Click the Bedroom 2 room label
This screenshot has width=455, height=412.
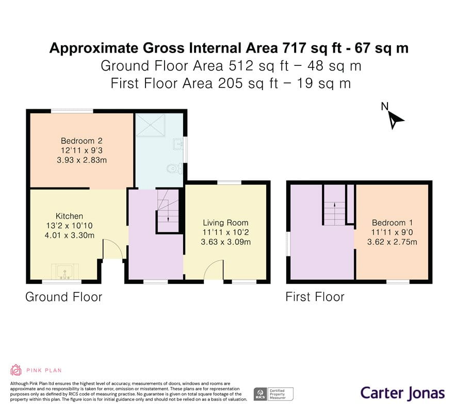[x=82, y=141]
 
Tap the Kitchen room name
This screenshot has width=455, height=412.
[x=69, y=216]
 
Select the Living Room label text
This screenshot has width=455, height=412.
[x=225, y=223]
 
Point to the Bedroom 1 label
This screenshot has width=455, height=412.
[x=392, y=223]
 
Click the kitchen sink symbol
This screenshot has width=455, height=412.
[x=64, y=272]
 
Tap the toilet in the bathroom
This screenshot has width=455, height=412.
[x=175, y=168]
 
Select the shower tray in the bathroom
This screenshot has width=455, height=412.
[x=151, y=125]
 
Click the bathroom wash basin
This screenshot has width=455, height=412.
[x=178, y=144]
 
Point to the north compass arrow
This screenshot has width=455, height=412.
[x=396, y=120]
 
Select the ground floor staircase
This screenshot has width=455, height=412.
[x=168, y=211]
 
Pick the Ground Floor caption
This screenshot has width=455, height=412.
[x=64, y=297]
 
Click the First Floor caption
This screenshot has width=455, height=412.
[x=315, y=297]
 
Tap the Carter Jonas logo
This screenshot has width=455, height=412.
[x=403, y=393]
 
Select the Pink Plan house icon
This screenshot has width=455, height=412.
[x=16, y=370]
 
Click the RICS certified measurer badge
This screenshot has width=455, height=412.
[x=273, y=394]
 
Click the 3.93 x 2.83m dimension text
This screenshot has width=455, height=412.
[x=82, y=160]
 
